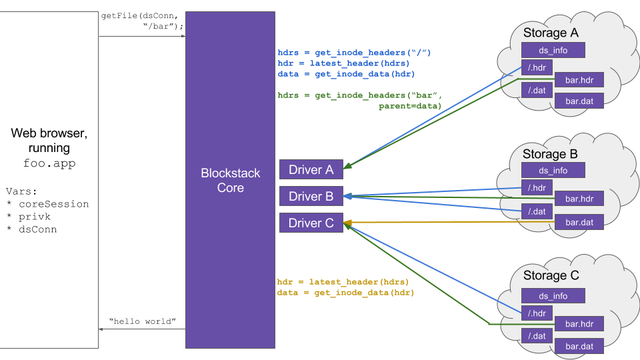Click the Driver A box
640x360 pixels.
pos(311,170)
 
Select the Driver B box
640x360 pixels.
pos(311,197)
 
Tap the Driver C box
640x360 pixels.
pos(311,223)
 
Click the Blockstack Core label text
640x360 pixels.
pos(231,181)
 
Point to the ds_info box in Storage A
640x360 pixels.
pos(553,50)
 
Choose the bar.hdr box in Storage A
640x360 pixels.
pos(579,81)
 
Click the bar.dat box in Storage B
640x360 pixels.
pos(579,222)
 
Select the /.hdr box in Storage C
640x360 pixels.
pos(537,313)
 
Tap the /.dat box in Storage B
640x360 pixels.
pos(537,211)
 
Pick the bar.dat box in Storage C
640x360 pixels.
pos(579,346)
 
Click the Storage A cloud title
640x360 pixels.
pos(551,33)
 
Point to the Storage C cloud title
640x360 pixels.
pos(551,276)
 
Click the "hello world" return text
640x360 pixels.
pos(142,322)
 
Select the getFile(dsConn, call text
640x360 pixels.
pos(139,15)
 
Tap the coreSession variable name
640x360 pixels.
pos(53,204)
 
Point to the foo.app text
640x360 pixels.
pos(49,163)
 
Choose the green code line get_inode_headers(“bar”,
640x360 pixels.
pos(360,95)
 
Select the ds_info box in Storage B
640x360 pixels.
pos(553,171)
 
